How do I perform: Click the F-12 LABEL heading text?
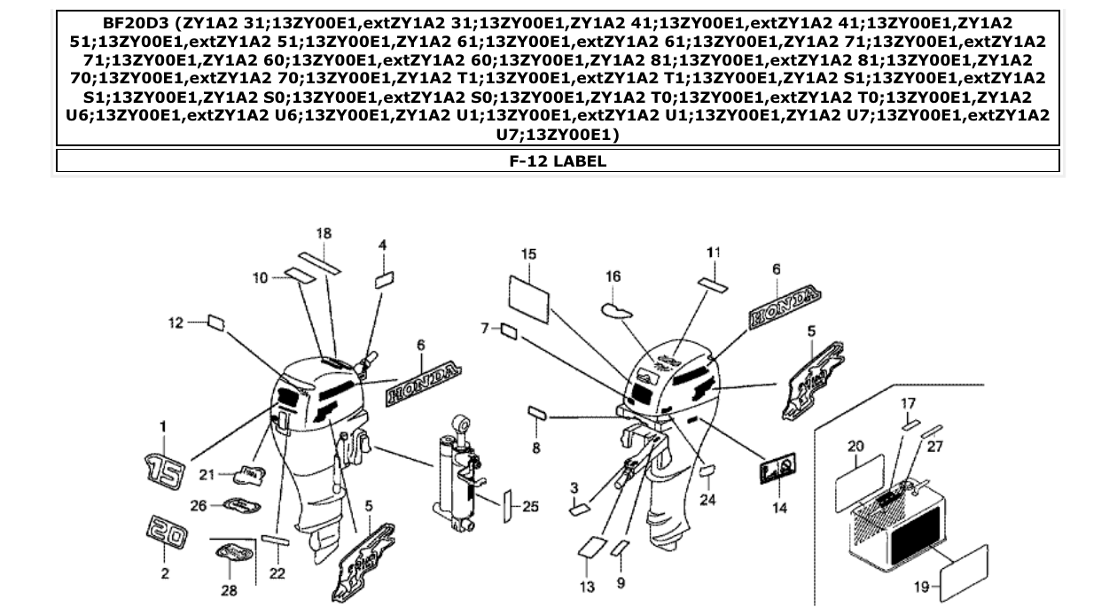pyautogui.click(x=558, y=160)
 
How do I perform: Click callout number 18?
pyautogui.click(x=324, y=233)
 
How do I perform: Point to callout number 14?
pyautogui.click(x=779, y=508)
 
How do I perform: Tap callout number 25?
pyautogui.click(x=530, y=507)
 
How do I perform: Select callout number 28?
pyautogui.click(x=229, y=590)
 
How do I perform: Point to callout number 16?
pyautogui.click(x=613, y=276)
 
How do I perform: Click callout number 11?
pyautogui.click(x=713, y=253)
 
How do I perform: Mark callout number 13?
pyautogui.click(x=588, y=587)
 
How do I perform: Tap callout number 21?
pyautogui.click(x=207, y=475)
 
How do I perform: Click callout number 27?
pyautogui.click(x=935, y=447)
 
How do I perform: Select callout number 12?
pyautogui.click(x=176, y=323)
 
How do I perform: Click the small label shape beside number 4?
pyautogui.click(x=384, y=281)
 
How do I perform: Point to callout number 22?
pyautogui.click(x=277, y=573)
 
